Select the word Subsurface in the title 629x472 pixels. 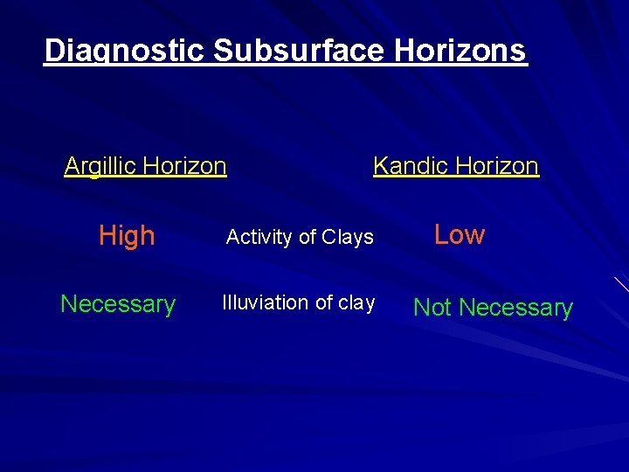(298, 51)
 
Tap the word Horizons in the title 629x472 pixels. (460, 51)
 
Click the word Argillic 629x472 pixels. (100, 166)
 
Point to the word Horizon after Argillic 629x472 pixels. (185, 166)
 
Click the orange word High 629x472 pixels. (127, 235)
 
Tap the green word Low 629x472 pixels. (460, 234)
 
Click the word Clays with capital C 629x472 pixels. (348, 237)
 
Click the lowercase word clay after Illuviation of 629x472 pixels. (356, 302)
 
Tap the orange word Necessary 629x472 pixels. (118, 304)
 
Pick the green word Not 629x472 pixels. (433, 308)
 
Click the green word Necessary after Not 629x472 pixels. (515, 309)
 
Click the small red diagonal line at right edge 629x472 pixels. (621, 284)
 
